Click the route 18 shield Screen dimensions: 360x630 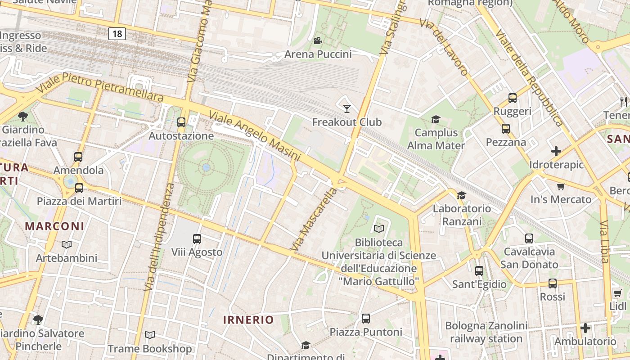(117, 34)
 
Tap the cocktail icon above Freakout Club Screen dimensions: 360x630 (346, 108)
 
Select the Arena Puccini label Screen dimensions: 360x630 (318, 54)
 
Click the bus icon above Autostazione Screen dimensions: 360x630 (181, 122)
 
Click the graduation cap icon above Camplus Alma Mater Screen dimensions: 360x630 (436, 119)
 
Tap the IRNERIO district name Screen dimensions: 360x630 (248, 320)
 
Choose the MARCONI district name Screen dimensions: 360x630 (54, 226)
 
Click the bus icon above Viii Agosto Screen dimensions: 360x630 (197, 239)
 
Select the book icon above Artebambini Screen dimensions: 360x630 (67, 245)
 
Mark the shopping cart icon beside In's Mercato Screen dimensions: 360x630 (561, 186)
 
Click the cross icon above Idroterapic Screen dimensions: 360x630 (556, 151)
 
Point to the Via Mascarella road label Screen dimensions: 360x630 (314, 220)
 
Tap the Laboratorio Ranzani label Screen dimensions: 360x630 (462, 215)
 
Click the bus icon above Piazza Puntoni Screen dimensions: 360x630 (366, 319)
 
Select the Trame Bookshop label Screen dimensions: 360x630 (149, 349)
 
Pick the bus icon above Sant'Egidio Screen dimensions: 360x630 (479, 271)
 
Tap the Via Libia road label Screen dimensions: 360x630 (604, 242)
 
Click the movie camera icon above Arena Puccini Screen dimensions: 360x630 (318, 41)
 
